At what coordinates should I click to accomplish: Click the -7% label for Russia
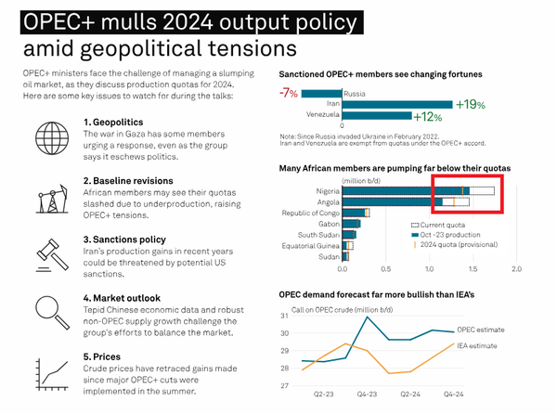click(x=290, y=93)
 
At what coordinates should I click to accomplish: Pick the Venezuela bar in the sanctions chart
click(x=377, y=115)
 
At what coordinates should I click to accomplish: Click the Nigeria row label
click(x=325, y=190)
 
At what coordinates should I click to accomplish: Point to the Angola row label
click(x=326, y=201)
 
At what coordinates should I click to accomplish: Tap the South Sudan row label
click(x=318, y=234)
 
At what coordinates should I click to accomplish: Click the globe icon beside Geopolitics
click(x=46, y=132)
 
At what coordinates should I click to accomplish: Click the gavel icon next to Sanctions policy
click(x=46, y=249)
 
